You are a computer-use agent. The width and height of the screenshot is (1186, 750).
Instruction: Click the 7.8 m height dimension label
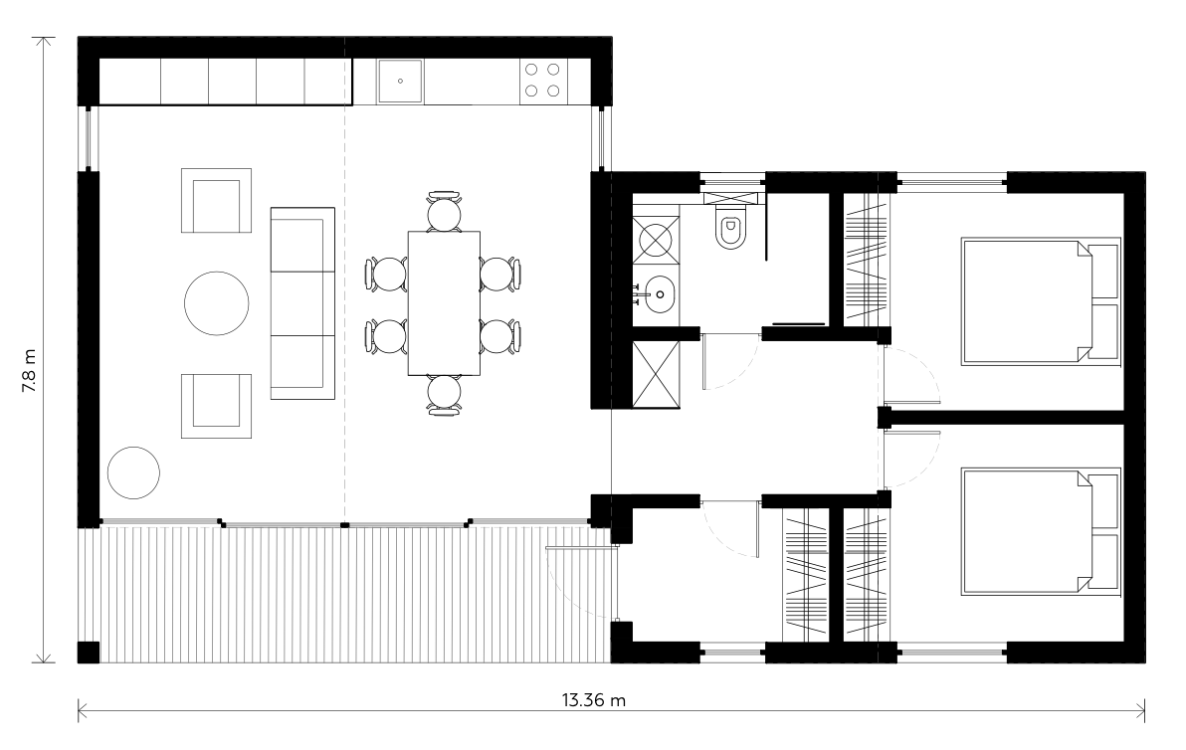(x=29, y=372)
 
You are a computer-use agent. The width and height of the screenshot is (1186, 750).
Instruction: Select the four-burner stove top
(x=543, y=81)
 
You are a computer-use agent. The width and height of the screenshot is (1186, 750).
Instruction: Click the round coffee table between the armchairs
(x=216, y=303)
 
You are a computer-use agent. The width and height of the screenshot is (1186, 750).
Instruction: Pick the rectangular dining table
(x=444, y=302)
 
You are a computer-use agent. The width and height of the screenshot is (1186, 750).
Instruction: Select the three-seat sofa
(x=302, y=303)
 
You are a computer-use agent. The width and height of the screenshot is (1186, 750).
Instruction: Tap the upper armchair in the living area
(x=216, y=200)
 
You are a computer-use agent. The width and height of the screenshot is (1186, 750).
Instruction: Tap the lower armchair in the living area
(x=216, y=406)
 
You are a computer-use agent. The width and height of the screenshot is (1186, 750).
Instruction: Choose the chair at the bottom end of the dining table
(x=444, y=393)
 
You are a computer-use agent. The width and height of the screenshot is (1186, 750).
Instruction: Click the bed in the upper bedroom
(x=1041, y=299)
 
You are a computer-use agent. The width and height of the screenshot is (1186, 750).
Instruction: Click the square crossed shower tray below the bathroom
(x=656, y=374)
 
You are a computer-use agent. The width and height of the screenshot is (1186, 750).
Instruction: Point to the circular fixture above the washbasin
(x=656, y=239)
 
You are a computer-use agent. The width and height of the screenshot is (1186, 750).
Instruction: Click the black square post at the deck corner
(x=89, y=653)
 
